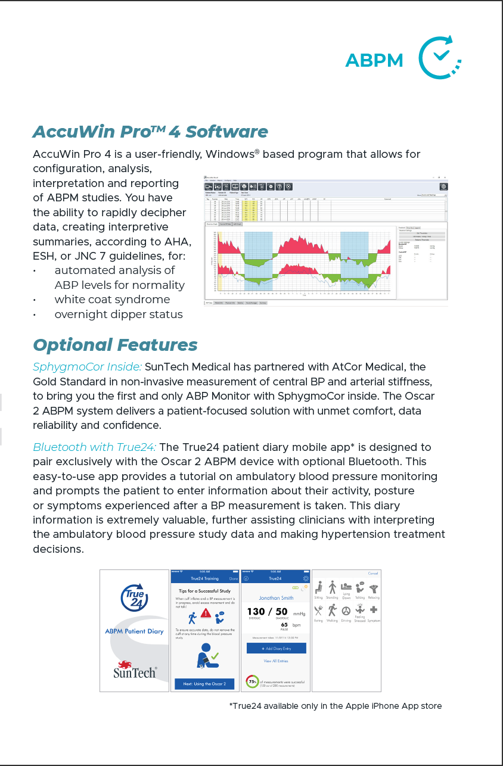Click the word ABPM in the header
[374, 60]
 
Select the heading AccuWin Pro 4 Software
[150, 131]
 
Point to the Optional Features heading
[115, 345]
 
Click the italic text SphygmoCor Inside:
[87, 366]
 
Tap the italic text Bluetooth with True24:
[94, 447]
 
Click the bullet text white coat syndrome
[112, 300]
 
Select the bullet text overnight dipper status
[119, 314]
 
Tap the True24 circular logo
[134, 597]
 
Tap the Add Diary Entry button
[276, 648]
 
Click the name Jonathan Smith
[276, 597]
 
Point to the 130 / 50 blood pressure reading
[267, 612]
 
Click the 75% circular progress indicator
[253, 681]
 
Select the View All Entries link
[276, 661]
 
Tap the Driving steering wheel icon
[346, 611]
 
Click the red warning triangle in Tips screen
[205, 613]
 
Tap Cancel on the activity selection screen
[372, 574]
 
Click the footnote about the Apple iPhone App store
[336, 706]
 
